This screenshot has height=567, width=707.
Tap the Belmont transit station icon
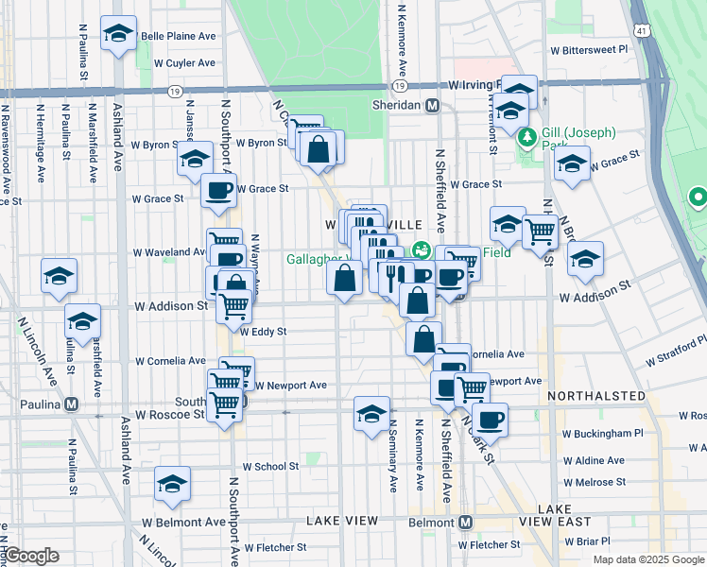tap(467, 522)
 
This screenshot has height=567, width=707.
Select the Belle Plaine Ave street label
tap(178, 36)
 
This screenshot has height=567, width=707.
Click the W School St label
tap(270, 466)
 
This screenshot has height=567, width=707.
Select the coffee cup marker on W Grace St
tap(218, 192)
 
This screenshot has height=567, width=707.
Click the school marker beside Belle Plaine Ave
tap(118, 35)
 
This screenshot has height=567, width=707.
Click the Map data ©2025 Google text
tap(647, 559)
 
